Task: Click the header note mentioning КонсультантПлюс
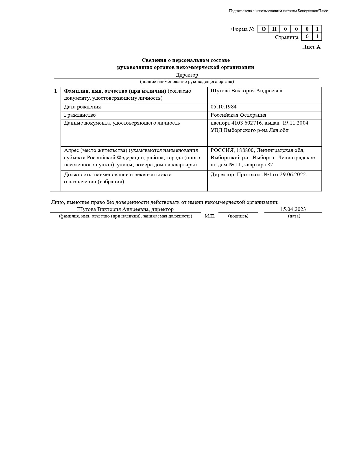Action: [x=278, y=11]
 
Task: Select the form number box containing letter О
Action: [x=263, y=29]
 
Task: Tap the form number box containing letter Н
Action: [x=274, y=29]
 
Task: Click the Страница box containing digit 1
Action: [x=317, y=36]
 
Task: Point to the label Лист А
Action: [x=311, y=47]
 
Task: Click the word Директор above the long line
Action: [x=187, y=75]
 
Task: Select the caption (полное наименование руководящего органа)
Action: [x=187, y=82]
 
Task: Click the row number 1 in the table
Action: [x=55, y=91]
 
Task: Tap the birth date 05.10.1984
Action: [x=223, y=107]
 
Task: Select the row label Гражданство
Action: [x=80, y=115]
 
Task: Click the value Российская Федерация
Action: [x=238, y=115]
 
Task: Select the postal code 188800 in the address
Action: [x=245, y=150]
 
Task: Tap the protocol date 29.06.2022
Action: [x=293, y=175]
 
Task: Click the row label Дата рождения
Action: [x=82, y=107]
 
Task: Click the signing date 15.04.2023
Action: [x=293, y=209]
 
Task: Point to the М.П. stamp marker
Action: [x=210, y=216]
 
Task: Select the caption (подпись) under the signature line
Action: [x=238, y=216]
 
